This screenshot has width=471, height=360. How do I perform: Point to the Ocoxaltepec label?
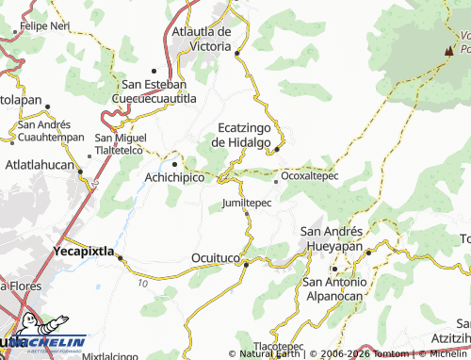point(310,175)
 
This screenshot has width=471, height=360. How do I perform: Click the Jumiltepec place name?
point(247,203)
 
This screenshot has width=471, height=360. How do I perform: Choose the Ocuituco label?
point(216,256)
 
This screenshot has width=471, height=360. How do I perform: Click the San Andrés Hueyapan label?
point(331,238)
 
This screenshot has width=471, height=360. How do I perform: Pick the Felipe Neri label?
point(44,26)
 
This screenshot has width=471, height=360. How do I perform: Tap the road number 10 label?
point(141,283)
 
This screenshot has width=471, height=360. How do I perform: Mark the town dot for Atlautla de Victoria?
point(237,53)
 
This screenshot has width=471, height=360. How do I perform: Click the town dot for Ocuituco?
point(246,264)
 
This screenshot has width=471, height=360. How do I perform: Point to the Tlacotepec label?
point(279,346)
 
